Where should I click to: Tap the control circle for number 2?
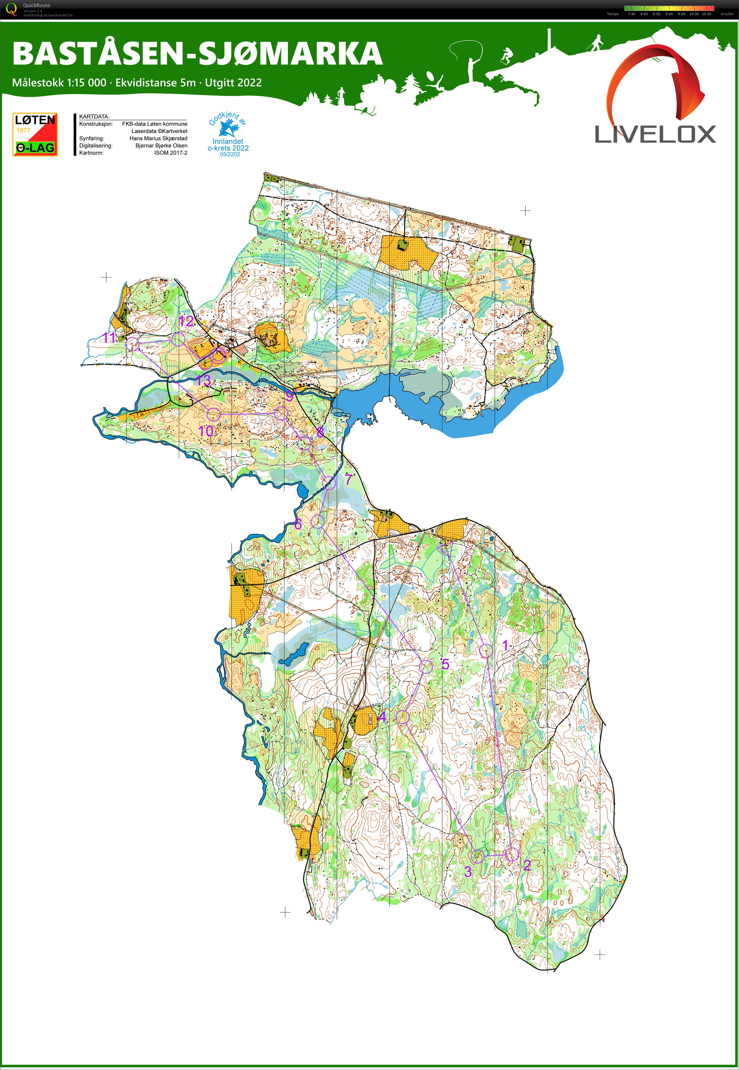(x=511, y=855)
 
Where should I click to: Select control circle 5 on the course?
(x=426, y=666)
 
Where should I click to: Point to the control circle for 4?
(x=403, y=717)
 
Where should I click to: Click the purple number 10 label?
(x=206, y=431)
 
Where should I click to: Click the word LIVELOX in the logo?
(x=655, y=135)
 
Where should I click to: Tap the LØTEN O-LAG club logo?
(x=35, y=134)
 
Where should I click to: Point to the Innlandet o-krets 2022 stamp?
(x=228, y=137)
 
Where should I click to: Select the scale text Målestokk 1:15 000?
(x=59, y=83)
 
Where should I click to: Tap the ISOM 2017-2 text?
(x=171, y=153)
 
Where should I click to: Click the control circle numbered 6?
(x=317, y=521)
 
